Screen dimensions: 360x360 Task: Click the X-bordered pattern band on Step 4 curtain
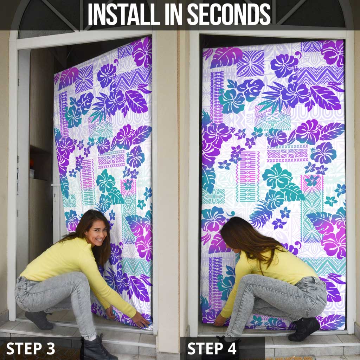tap(288, 153)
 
